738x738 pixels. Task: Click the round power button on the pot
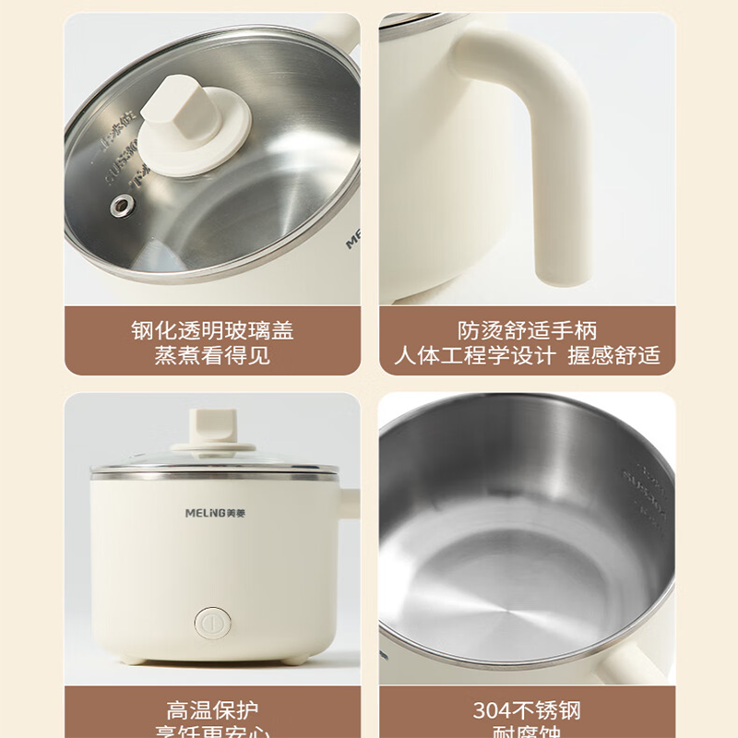click(x=211, y=622)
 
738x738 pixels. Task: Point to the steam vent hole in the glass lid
click(x=118, y=205)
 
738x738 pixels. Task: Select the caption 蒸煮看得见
click(x=212, y=355)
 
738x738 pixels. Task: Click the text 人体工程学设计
click(x=475, y=355)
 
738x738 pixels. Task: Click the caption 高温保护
click(x=212, y=711)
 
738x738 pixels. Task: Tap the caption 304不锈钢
click(x=527, y=711)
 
